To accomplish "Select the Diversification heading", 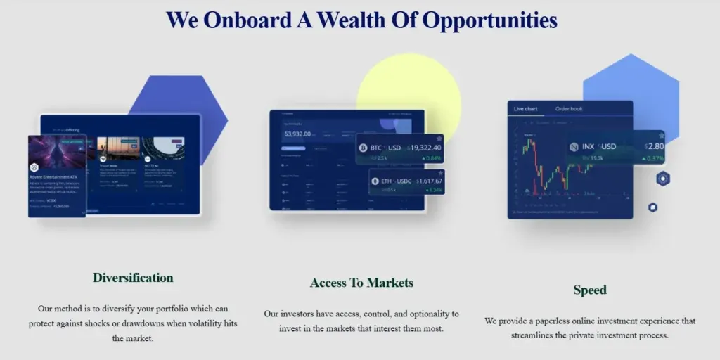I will pyautogui.click(x=133, y=278).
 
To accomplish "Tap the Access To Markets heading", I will pyautogui.click(x=361, y=283).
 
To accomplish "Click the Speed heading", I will pyautogui.click(x=589, y=290).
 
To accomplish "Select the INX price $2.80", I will pyautogui.click(x=654, y=146).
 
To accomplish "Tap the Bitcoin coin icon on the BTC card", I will pyautogui.click(x=364, y=148).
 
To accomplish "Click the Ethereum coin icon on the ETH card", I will pyautogui.click(x=375, y=182).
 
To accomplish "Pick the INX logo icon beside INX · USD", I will pyautogui.click(x=574, y=147).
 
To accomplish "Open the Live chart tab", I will pyautogui.click(x=525, y=109).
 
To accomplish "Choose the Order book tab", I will pyautogui.click(x=569, y=109).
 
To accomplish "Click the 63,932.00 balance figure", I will pyautogui.click(x=297, y=134).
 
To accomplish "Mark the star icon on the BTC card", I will pyautogui.click(x=439, y=139).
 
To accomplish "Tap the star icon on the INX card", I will pyautogui.click(x=660, y=136).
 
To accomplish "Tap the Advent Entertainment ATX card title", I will pyautogui.click(x=53, y=178).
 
